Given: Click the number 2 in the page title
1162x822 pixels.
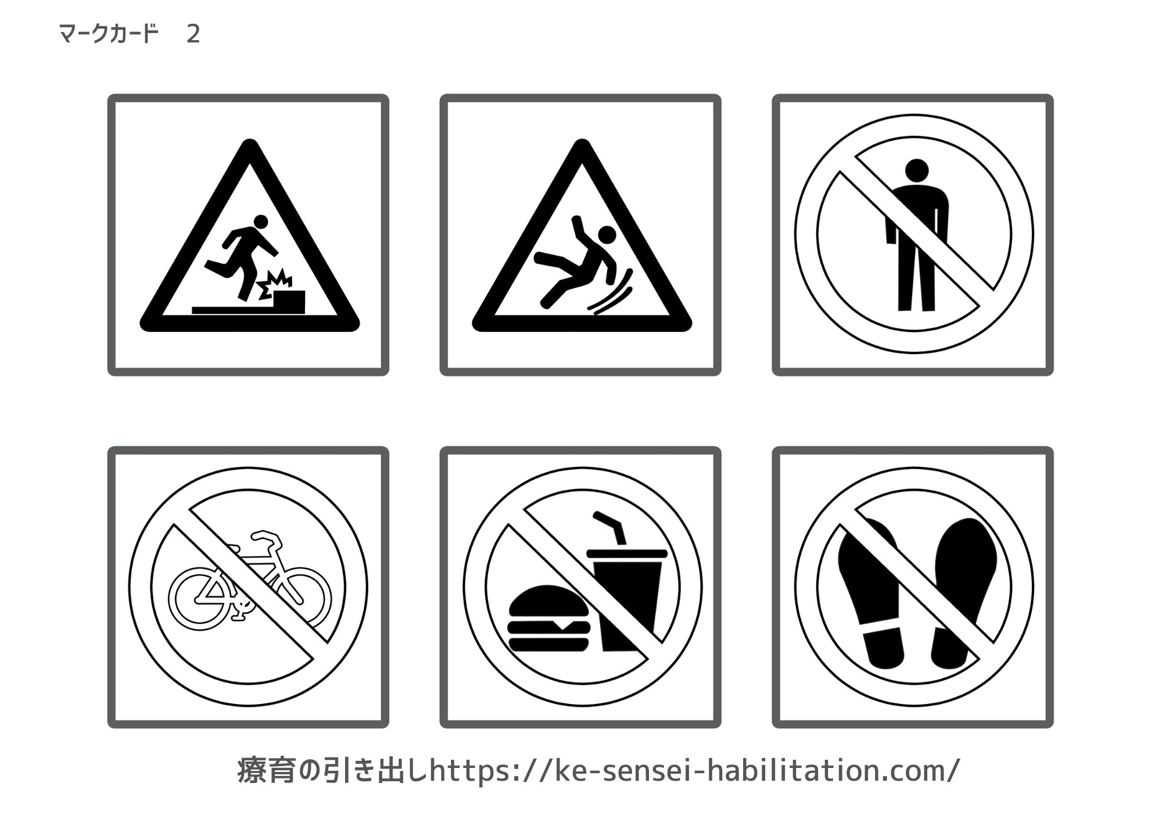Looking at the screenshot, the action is coord(193,34).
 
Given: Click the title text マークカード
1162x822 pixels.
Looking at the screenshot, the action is coord(109,34).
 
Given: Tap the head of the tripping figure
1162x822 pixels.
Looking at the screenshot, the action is coord(261,221).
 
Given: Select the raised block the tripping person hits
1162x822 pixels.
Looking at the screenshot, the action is coord(289,299).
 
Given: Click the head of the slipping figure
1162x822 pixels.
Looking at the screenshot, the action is coord(607,234).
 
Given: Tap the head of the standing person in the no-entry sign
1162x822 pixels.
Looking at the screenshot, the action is coord(917,170).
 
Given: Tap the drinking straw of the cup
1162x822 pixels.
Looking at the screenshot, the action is coord(610,526).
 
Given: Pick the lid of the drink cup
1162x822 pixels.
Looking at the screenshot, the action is coord(627,553).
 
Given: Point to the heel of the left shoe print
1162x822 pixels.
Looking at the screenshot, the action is coord(883,648).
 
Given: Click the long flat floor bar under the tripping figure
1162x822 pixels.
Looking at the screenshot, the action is coord(232,310).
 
